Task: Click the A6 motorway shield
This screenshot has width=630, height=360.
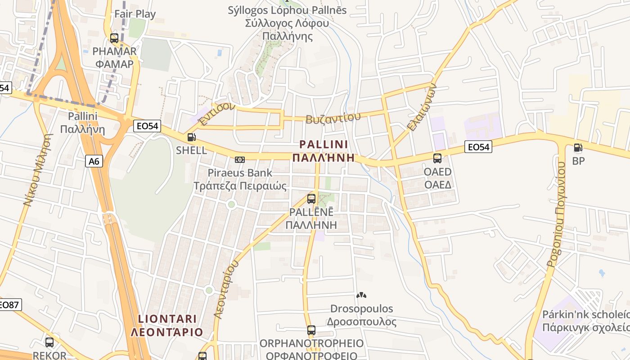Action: coord(94,161)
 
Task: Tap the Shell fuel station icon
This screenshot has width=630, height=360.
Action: coord(191,137)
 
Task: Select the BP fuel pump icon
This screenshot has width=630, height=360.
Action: coord(578,147)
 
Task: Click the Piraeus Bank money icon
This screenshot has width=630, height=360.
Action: coord(240,159)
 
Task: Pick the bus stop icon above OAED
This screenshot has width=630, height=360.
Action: coord(437,158)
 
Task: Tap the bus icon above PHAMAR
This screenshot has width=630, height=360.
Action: coord(114,38)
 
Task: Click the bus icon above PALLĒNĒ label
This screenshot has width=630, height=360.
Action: coord(311,198)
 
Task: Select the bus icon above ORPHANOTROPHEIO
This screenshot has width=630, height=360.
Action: coord(311,330)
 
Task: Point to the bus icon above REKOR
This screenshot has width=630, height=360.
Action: coord(49,342)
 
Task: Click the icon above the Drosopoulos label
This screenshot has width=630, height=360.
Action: coord(361,295)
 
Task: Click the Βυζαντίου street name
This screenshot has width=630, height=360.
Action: coord(333,118)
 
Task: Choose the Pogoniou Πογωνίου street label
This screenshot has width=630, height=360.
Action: coord(556,215)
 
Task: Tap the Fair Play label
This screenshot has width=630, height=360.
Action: coord(135,14)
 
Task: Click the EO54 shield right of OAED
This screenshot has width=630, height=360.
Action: coord(478,147)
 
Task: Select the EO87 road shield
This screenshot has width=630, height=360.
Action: coord(9,304)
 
